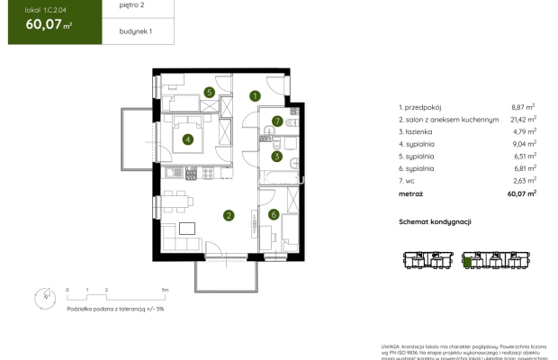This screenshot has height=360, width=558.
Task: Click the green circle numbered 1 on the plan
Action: pos(255,95)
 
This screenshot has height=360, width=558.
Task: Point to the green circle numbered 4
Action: pos(187,139)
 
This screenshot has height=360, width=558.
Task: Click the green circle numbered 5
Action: pos(209,92)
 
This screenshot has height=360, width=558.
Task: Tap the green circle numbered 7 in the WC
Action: pos(278,121)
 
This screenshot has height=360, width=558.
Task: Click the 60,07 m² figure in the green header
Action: pos(42,24)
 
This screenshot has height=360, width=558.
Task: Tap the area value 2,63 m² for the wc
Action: pos(524,180)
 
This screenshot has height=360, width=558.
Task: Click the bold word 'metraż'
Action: pos(411,193)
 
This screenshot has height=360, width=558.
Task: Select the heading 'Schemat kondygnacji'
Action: pos(435,221)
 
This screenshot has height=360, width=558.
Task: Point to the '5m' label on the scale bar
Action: pos(165,290)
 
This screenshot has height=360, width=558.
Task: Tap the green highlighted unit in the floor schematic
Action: pos(468,261)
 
